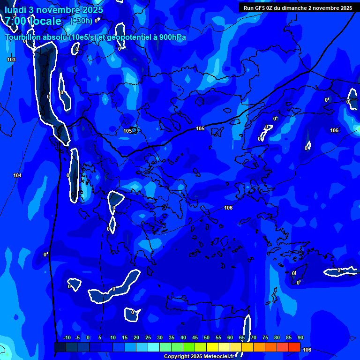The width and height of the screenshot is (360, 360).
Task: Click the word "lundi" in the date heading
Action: pos(15,10)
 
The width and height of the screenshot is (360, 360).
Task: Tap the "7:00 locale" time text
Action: pos(33,21)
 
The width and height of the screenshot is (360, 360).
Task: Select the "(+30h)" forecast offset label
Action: pos(81,21)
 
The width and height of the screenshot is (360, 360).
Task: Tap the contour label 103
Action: pos(11,60)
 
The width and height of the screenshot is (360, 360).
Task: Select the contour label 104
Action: pos(17,175)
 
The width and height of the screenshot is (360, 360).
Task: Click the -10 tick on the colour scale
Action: pos(67,338)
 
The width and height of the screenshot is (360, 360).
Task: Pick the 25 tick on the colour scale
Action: pos(148,338)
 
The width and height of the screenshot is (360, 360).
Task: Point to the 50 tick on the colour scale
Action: pos(207,338)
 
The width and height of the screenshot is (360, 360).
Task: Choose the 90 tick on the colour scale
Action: pos(300,338)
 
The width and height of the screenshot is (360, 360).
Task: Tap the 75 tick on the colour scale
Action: pos(265,338)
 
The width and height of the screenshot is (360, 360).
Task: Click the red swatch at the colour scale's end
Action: pos(294,347)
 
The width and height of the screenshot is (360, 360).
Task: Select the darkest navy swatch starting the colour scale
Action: pos(60,347)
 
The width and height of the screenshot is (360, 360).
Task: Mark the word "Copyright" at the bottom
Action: pos(176,357)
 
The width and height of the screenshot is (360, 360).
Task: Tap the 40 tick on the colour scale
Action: pos(183,338)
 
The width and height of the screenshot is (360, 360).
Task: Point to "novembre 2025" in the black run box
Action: pos(329,8)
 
